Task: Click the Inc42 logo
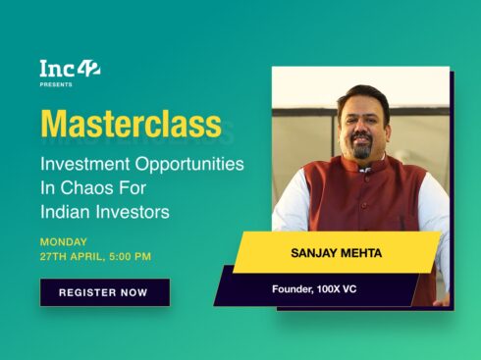(x=69, y=69)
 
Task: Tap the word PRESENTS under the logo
(x=56, y=85)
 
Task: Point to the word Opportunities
(x=191, y=163)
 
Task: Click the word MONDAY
(x=64, y=241)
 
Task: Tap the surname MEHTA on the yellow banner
(x=361, y=252)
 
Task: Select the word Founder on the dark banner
(x=294, y=289)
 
